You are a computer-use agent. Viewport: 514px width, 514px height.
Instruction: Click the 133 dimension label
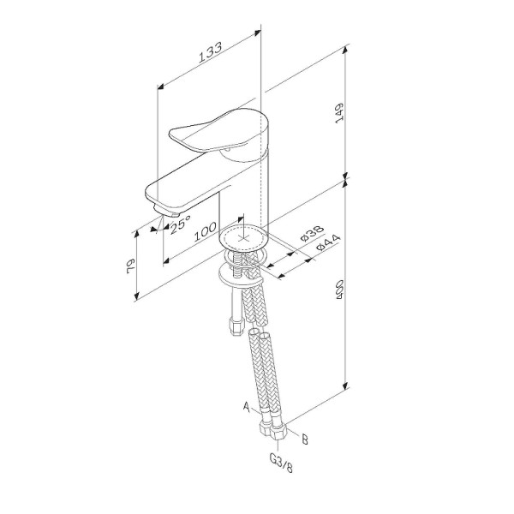coord(211,51)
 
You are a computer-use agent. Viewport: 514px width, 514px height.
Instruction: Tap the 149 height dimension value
coord(339,113)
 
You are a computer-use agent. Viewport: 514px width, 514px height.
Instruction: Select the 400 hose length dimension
coord(339,289)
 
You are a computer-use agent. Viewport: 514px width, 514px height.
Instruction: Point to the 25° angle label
coord(180,224)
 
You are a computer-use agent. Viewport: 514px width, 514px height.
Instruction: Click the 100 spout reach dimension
coord(206,231)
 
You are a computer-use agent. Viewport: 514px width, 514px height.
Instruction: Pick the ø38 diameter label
coord(312,233)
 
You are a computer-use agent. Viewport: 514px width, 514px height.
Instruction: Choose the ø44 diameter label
coord(328,242)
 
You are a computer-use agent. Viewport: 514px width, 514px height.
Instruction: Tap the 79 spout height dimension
coord(130,266)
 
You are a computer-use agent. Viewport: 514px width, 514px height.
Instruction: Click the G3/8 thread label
coord(281,463)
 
